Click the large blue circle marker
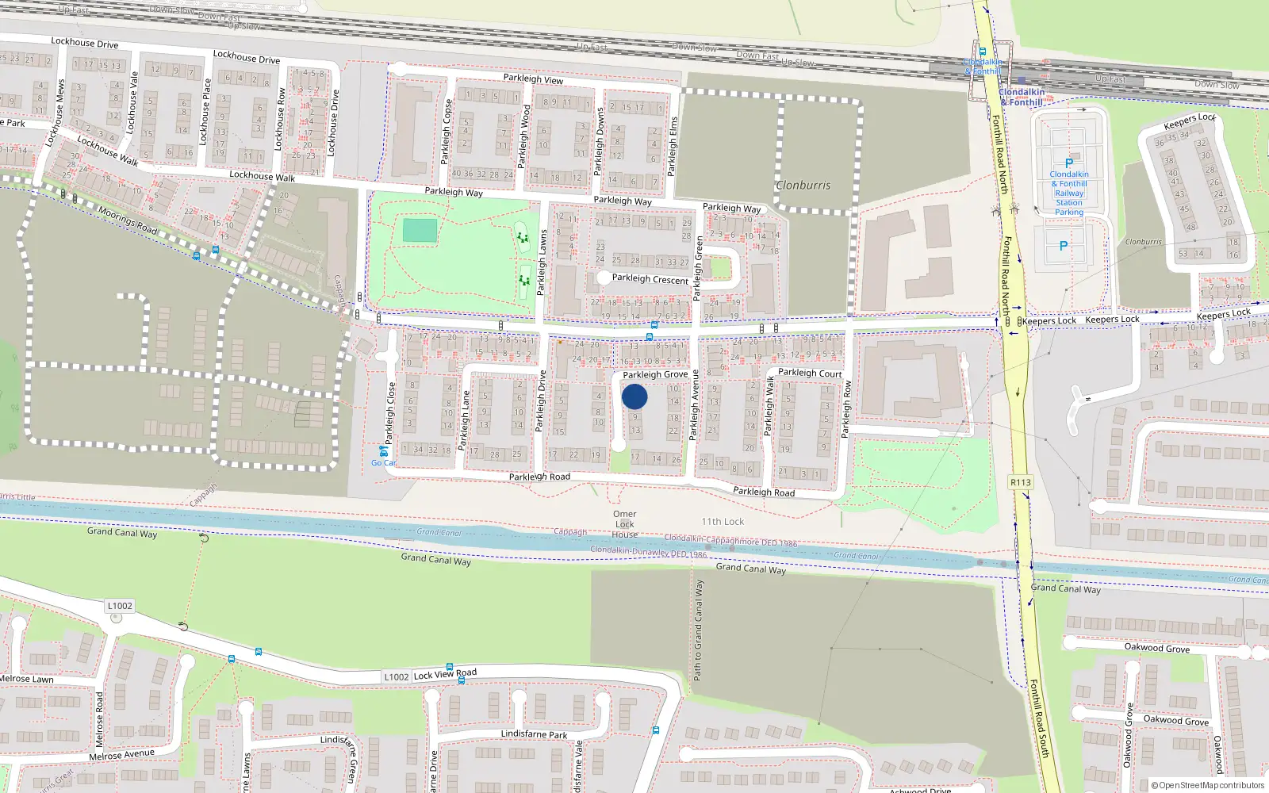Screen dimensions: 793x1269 click(x=634, y=396)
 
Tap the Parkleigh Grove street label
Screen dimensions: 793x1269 click(x=655, y=374)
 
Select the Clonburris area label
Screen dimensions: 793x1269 click(x=803, y=185)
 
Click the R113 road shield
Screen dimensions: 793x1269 click(x=1021, y=482)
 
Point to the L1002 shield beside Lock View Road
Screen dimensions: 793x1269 click(x=396, y=676)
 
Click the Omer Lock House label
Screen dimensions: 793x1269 click(x=624, y=524)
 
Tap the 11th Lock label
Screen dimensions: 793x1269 click(x=723, y=521)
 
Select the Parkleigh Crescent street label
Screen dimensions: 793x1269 click(x=650, y=279)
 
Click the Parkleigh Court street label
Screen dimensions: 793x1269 click(x=810, y=373)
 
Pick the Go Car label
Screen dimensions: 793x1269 click(x=384, y=463)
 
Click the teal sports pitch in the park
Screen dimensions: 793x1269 click(x=420, y=231)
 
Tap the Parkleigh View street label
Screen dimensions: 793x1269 click(x=533, y=79)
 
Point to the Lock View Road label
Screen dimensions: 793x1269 click(x=446, y=674)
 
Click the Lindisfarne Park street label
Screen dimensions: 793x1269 click(x=534, y=734)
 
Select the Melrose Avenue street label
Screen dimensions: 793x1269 click(x=121, y=755)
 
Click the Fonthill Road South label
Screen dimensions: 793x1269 click(x=1040, y=718)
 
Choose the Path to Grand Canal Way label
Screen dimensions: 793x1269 click(x=698, y=630)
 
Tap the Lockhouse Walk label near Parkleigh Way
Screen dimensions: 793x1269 click(x=262, y=176)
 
